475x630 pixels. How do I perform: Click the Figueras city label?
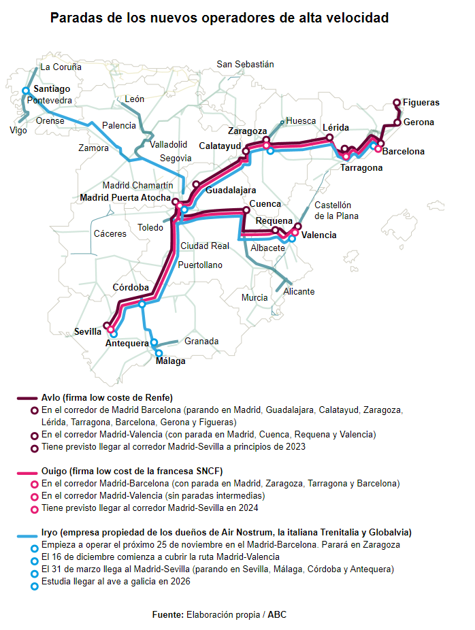click(x=421, y=103)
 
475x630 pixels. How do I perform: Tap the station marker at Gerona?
click(x=397, y=123)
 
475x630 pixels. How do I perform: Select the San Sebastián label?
click(x=245, y=64)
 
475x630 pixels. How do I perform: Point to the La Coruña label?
click(x=61, y=67)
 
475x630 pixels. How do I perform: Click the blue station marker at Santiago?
click(x=26, y=90)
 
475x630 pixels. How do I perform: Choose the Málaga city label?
click(x=170, y=361)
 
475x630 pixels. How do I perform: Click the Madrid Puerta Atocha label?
click(x=125, y=198)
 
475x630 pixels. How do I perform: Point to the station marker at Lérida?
click(x=330, y=137)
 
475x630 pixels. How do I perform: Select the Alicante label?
click(x=299, y=291)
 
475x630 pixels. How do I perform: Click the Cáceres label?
click(x=110, y=233)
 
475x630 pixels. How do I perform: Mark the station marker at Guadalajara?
click(x=196, y=184)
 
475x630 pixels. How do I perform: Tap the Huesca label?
click(x=301, y=120)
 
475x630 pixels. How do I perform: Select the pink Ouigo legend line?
click(x=25, y=471)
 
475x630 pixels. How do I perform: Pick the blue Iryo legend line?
click(x=25, y=533)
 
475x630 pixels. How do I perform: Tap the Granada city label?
click(x=201, y=341)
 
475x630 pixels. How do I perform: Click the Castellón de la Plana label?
click(x=336, y=210)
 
